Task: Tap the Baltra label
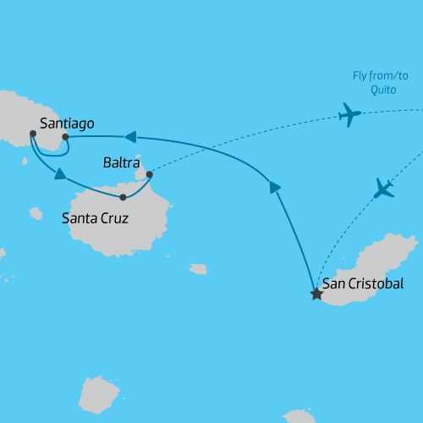pos(120,161)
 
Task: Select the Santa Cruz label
pos(96,218)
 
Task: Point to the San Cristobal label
pos(363,283)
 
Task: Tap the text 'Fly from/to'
pos(381,76)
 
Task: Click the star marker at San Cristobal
pos(316,294)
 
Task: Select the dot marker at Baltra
pos(150,175)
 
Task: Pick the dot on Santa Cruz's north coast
pos(124,198)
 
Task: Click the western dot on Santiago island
pos(32,134)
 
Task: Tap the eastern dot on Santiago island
pos(65,136)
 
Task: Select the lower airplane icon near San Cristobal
pos(384,188)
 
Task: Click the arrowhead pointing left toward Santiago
pos(130,136)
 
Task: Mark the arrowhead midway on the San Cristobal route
pos(274,187)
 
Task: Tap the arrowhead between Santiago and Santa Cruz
pos(60,174)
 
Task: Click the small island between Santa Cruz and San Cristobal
pos(198,269)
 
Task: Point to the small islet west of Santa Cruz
pos(35,211)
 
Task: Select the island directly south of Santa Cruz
pos(99,396)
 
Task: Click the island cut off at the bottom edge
pos(300,416)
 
